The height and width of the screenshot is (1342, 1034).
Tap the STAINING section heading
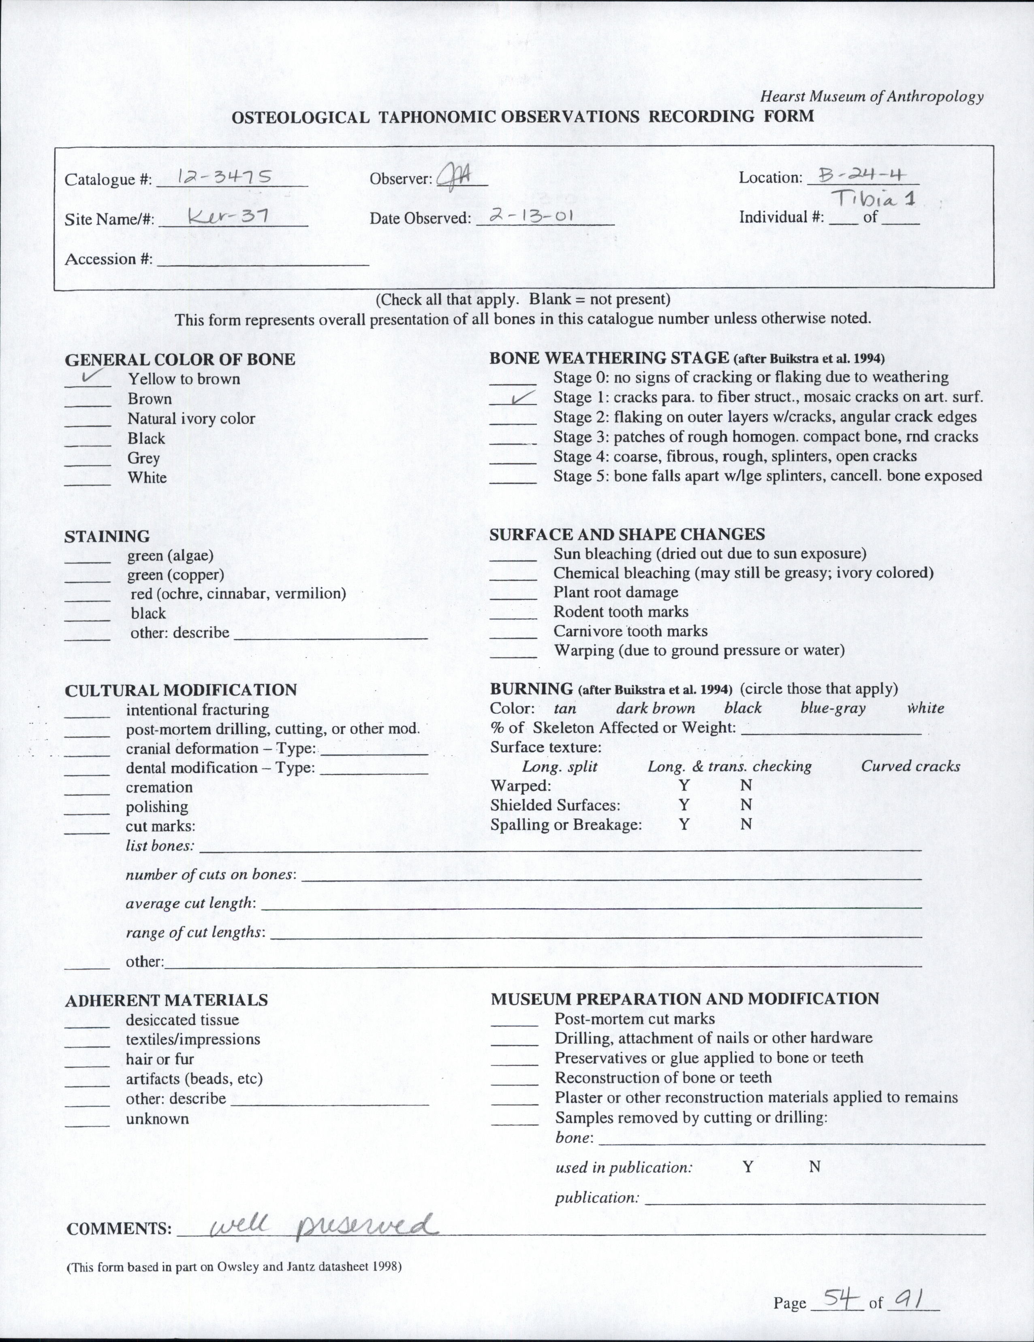(x=107, y=537)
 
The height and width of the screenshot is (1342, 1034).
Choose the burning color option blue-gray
(x=832, y=708)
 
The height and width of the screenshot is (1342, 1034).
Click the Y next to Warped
(x=684, y=785)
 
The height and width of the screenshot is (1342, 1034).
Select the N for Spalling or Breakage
(x=746, y=824)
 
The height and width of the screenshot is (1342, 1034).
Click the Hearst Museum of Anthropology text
(x=871, y=96)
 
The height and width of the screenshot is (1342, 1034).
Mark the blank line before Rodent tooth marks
(x=513, y=618)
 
